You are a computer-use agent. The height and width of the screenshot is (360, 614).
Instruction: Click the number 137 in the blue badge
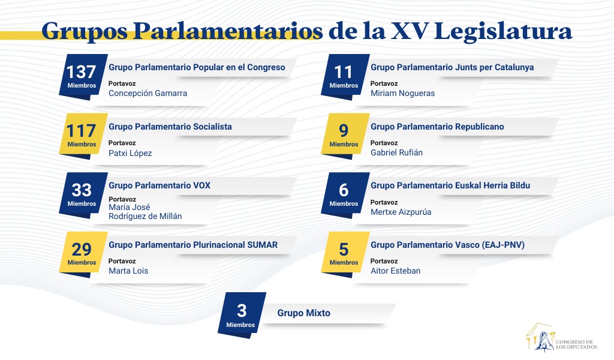pos(81,72)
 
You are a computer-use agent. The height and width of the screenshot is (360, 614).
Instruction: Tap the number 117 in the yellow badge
pos(81,131)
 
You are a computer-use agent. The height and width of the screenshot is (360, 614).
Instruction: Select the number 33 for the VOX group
pos(82,190)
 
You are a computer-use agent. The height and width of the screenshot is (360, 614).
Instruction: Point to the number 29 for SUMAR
pos(82,250)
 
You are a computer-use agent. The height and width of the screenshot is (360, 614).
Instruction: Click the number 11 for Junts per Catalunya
pos(344,72)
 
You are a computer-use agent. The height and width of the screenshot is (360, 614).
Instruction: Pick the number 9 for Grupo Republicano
pos(344,131)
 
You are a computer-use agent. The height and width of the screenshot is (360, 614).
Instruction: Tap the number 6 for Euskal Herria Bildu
pos(344,190)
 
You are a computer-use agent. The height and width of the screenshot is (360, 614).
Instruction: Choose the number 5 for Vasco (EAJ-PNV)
pos(344,250)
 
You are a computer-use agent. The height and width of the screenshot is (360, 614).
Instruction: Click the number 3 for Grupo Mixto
pos(242,311)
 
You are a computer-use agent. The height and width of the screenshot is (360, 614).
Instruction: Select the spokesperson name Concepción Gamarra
pos(148,94)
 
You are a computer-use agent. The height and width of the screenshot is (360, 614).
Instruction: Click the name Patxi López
pos(130,153)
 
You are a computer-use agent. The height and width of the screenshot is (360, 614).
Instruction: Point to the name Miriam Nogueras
pos(402,93)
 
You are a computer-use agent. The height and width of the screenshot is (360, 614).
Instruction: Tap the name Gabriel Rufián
pos(397,152)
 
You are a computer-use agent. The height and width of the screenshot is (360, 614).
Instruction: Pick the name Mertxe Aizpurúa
pos(401,212)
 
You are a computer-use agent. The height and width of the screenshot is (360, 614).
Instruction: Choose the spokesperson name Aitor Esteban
pos(396,271)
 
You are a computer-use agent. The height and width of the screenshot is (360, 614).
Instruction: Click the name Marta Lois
pos(128,271)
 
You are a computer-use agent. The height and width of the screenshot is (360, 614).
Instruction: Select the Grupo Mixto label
pos(304,313)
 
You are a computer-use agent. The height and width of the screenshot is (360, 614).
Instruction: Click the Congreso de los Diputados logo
pos(561,337)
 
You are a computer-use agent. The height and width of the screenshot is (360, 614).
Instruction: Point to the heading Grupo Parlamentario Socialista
pos(170,127)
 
